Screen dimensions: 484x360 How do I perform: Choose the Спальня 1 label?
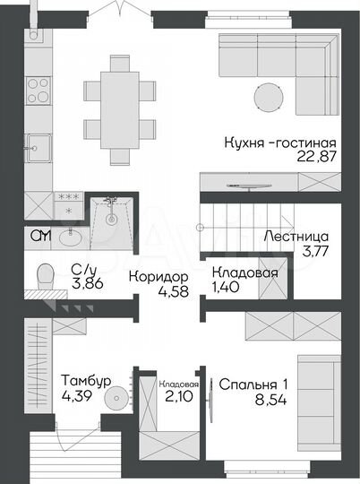click(x=253, y=385)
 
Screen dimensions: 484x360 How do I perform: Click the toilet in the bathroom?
click(x=42, y=279)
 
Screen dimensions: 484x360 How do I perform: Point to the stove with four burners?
click(x=39, y=91)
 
